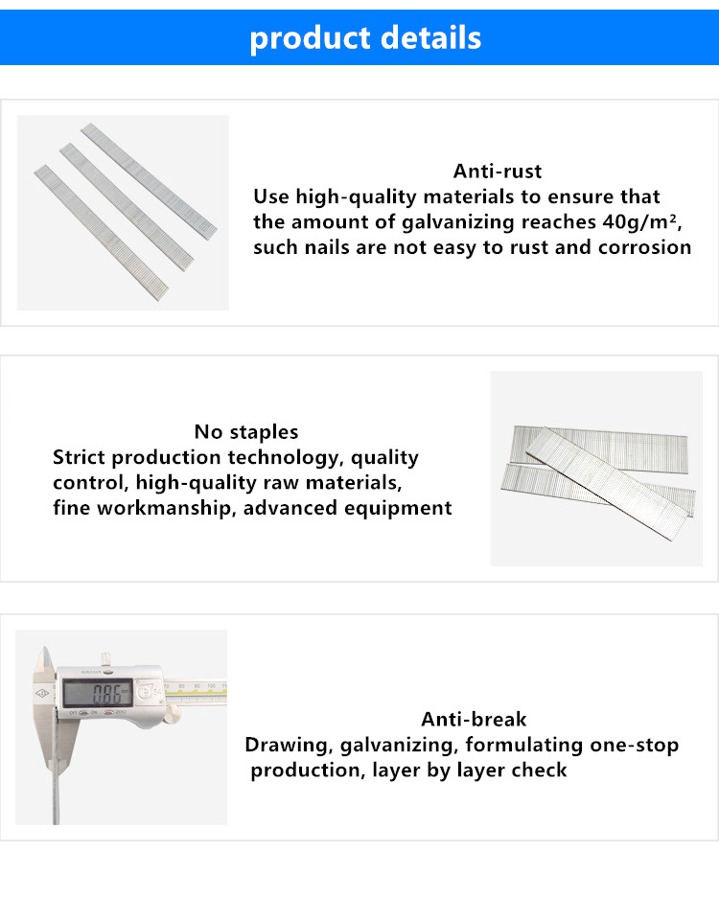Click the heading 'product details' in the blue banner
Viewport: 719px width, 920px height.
coord(365,38)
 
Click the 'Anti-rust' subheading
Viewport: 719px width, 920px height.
coord(498,172)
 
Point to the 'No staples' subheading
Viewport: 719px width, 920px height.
coord(246,432)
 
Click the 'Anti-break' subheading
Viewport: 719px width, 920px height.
coord(474,720)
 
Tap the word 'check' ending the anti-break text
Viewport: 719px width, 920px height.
coord(540,770)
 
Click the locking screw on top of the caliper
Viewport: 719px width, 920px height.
coord(106,659)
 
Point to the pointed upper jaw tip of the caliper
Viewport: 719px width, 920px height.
coord(44,648)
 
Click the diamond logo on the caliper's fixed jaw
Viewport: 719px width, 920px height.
coord(42,694)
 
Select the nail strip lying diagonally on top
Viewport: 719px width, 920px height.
coord(610,484)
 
